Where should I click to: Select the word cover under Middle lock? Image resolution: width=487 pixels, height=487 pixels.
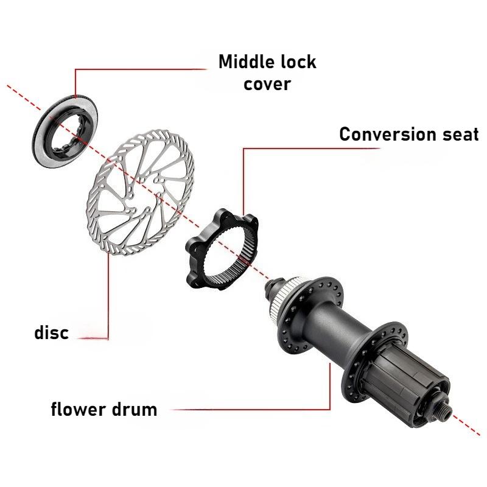(267, 84)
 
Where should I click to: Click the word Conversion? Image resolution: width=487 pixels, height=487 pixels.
(387, 134)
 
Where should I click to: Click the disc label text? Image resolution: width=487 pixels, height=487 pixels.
(51, 332)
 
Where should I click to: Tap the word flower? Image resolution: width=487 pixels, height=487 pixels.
(79, 408)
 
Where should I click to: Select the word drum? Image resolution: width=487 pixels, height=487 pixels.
(135, 409)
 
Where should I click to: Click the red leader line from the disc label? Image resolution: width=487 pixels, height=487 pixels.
(108, 295)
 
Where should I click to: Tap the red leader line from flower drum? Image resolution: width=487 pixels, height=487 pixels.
(329, 409)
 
